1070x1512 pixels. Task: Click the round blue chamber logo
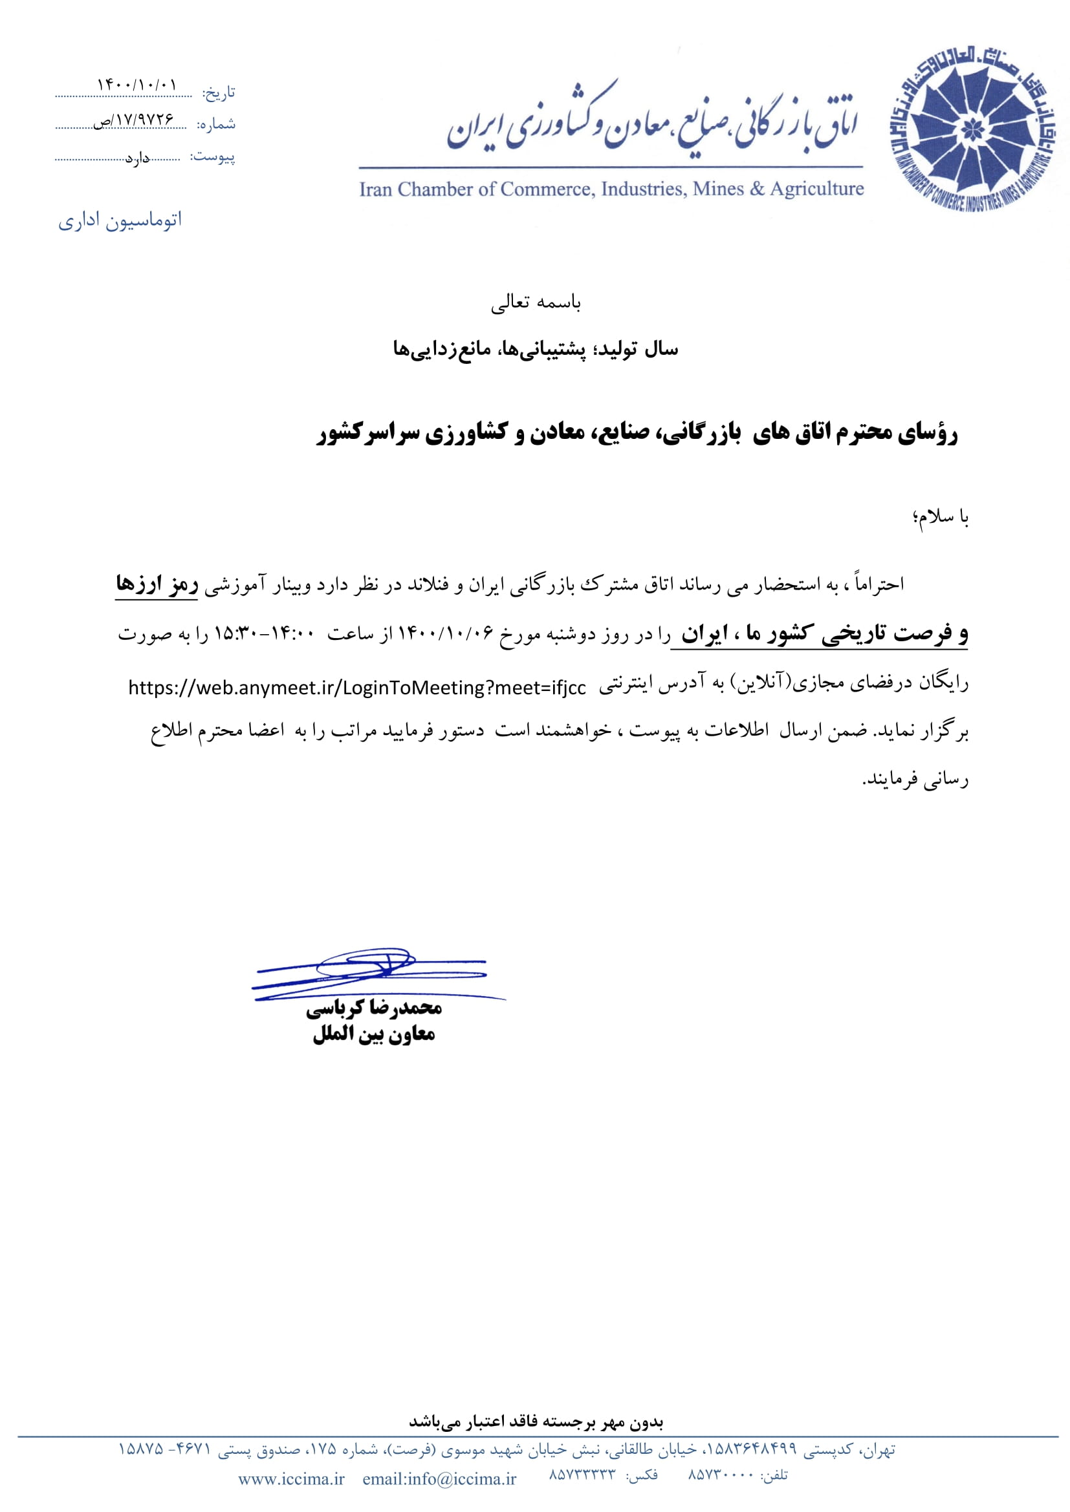pyautogui.click(x=972, y=130)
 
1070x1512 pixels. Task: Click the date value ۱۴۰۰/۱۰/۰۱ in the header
pyautogui.click(x=137, y=85)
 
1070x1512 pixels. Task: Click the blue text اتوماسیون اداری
pyautogui.click(x=120, y=220)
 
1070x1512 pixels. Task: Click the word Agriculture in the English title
pyautogui.click(x=817, y=189)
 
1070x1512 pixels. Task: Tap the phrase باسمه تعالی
pyautogui.click(x=536, y=303)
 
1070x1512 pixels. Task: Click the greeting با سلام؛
pyautogui.click(x=941, y=517)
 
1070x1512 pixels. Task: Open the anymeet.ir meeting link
pyautogui.click(x=356, y=688)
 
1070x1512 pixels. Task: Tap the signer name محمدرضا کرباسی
pyautogui.click(x=373, y=1008)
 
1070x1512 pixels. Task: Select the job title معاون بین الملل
pyautogui.click(x=373, y=1034)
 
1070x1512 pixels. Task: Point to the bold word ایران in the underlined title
pyautogui.click(x=704, y=634)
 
